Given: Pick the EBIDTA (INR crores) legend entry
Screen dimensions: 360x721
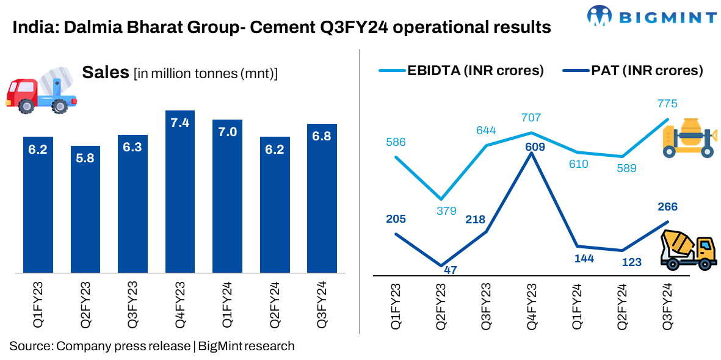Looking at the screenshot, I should coord(461,70).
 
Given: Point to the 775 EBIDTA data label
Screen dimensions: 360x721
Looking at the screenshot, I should coord(667,104).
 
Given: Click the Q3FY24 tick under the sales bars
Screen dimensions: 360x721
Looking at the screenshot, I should coord(322,306).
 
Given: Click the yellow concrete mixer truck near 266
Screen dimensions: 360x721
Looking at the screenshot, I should coord(689,250).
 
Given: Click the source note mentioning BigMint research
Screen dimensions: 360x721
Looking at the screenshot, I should coord(152,346).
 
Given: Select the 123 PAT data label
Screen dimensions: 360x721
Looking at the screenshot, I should coord(622,262).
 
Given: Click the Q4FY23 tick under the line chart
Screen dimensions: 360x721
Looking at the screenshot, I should coord(533,306).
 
